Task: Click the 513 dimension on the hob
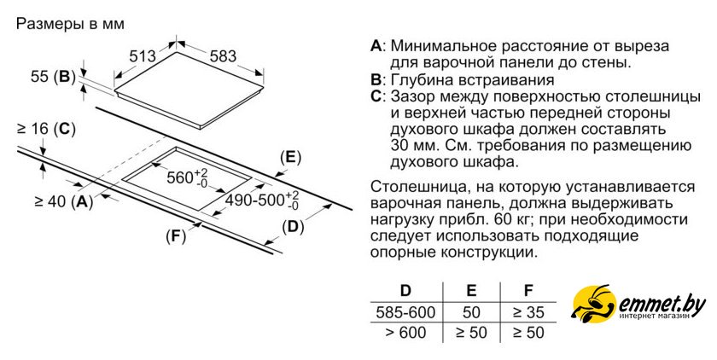click(x=143, y=56)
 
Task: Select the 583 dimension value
click(x=222, y=56)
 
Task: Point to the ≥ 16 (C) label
click(x=46, y=130)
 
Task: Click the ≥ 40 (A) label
click(x=64, y=201)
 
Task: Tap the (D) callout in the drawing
click(x=293, y=226)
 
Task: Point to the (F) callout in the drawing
click(x=175, y=236)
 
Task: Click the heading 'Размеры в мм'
click(x=70, y=23)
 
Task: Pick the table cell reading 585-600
click(x=405, y=312)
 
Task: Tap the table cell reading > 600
click(x=405, y=333)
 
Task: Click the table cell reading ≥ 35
click(x=528, y=312)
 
